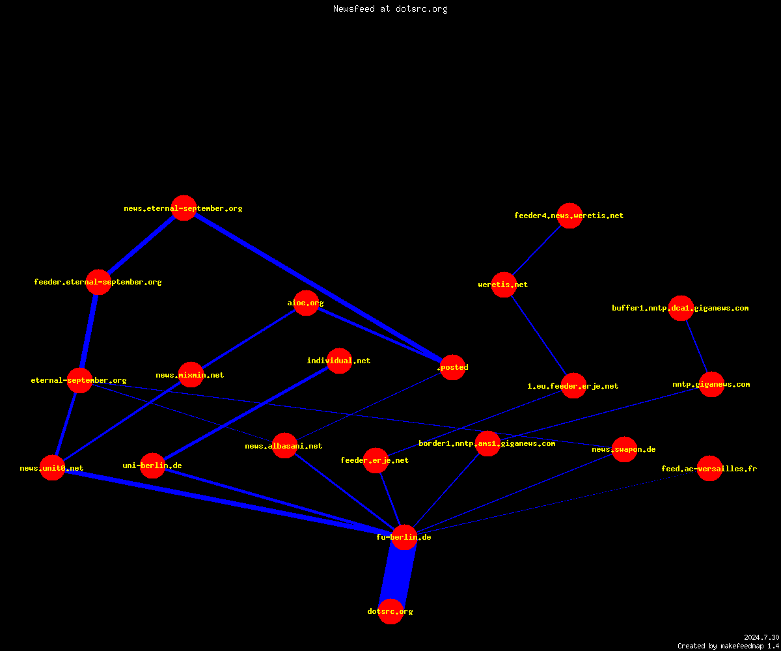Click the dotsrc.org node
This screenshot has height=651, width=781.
click(390, 611)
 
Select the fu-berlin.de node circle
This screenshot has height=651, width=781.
click(404, 537)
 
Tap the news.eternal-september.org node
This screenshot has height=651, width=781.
click(184, 208)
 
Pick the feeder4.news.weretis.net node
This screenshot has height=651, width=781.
click(569, 215)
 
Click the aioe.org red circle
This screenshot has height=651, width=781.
click(306, 303)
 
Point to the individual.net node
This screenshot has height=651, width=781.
click(339, 361)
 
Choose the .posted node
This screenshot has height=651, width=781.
click(452, 367)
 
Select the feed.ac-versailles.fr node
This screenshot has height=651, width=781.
click(709, 468)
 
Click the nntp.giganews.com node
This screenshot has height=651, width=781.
click(711, 384)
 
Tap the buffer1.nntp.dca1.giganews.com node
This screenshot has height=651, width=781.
click(681, 308)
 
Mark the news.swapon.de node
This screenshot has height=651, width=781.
click(624, 449)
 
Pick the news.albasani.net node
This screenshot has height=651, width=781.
click(284, 445)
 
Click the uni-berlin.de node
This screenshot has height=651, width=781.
click(152, 465)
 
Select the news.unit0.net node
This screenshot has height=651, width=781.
click(52, 467)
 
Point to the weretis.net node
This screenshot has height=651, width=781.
click(504, 284)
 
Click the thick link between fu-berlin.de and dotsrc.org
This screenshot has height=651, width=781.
click(397, 574)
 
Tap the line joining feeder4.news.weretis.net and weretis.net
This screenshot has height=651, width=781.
click(537, 250)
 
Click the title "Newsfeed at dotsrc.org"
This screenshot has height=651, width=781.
click(390, 8)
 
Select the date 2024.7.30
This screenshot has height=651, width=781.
click(761, 637)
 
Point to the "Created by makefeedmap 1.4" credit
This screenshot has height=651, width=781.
click(728, 646)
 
